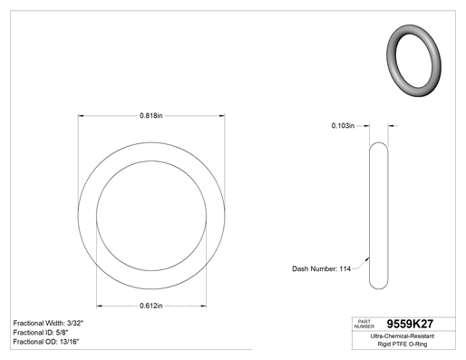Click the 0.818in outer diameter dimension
(x=151, y=115)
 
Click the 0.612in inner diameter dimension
(x=151, y=306)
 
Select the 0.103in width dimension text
(x=343, y=126)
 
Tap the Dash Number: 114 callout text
(x=321, y=268)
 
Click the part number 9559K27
(x=410, y=324)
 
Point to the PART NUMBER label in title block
(x=364, y=324)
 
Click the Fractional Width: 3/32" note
(x=48, y=323)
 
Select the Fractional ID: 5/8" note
(x=41, y=333)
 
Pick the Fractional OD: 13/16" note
(x=46, y=342)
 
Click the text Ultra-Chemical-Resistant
(x=403, y=336)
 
